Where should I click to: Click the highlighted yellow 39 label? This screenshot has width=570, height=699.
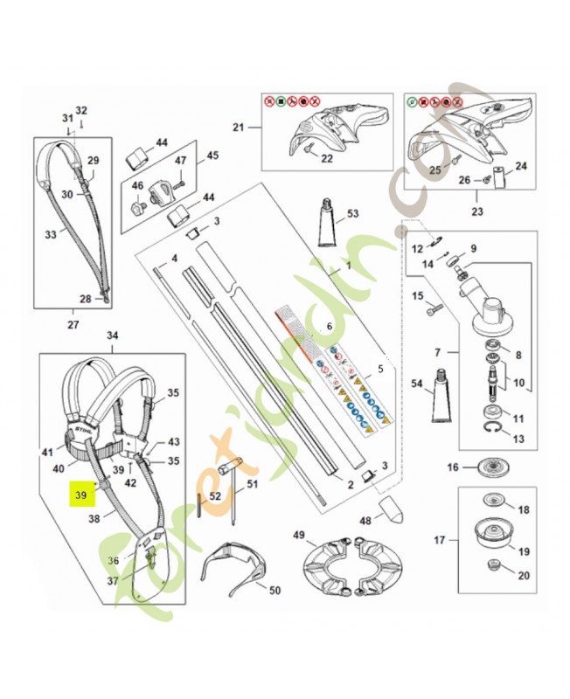pos(81,494)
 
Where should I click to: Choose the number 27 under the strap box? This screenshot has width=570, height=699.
pos(73,325)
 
